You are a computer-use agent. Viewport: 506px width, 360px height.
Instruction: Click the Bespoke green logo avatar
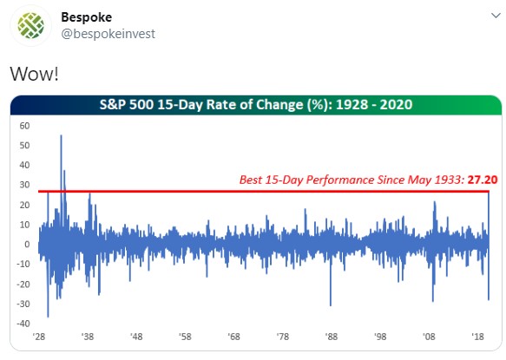[x=31, y=25]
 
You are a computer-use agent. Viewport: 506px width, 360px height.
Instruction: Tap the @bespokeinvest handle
[x=108, y=34]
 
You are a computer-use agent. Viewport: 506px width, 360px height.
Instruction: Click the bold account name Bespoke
[x=87, y=17]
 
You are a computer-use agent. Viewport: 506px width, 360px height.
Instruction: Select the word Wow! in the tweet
[x=34, y=74]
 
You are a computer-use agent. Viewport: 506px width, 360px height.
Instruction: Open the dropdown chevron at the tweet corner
[x=496, y=15]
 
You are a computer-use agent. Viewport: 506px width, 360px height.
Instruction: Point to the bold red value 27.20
[x=483, y=180]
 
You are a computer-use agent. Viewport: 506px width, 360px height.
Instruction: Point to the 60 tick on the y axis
[x=24, y=126]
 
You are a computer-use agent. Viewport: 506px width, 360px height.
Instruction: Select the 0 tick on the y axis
[x=27, y=245]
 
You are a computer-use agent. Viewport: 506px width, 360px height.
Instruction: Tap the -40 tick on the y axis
[x=23, y=324]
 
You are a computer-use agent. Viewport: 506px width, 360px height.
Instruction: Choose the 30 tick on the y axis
[x=24, y=185]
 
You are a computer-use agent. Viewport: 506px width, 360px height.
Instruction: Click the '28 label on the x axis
[x=39, y=337]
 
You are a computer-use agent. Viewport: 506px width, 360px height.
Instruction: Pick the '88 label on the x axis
[x=332, y=337]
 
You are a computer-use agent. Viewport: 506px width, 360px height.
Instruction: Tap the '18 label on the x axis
[x=477, y=337]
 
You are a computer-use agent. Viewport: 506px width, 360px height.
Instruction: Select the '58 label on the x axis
[x=185, y=337]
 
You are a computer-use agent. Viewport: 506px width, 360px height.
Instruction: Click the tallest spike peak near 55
[x=61, y=135]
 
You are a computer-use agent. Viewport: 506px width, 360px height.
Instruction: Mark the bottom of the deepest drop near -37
[x=48, y=317]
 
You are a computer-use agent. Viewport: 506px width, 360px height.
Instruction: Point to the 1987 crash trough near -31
[x=331, y=305]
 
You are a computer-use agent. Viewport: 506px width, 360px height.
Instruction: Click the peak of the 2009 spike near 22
[x=434, y=202]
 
